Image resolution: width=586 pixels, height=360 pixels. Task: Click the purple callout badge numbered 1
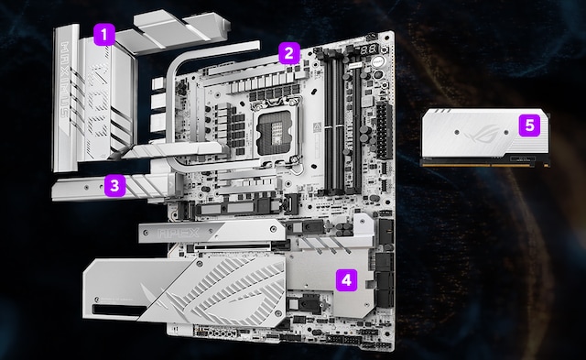pos(105,36)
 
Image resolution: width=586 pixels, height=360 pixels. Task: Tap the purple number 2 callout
pos(288,52)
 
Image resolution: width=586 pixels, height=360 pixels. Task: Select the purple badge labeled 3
pos(113,185)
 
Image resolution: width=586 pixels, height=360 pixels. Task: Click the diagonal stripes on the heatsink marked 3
pos(142,187)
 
